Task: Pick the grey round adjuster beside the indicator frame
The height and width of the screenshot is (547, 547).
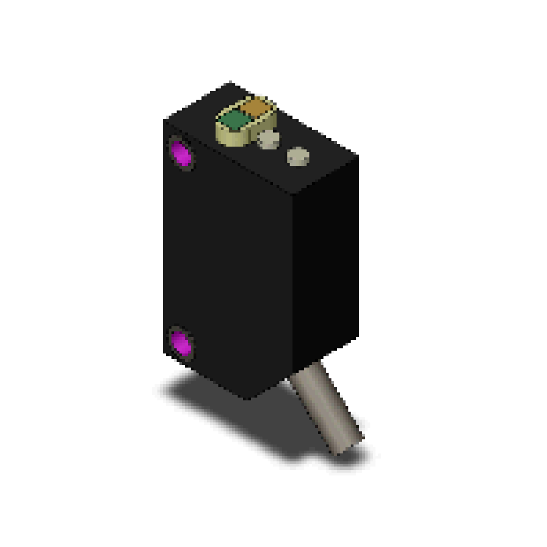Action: (267, 140)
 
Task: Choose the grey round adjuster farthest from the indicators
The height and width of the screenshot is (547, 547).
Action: (297, 157)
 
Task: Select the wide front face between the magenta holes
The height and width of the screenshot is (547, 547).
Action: (228, 258)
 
